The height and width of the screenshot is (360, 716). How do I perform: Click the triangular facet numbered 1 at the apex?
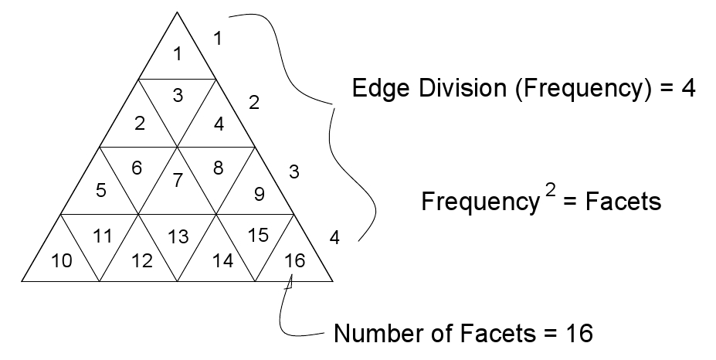(178, 54)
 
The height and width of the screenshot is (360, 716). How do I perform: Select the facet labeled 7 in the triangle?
(178, 181)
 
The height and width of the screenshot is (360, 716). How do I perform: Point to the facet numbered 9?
(260, 194)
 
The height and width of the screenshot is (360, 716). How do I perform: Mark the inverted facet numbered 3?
(178, 96)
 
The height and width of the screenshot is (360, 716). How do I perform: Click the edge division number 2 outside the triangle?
(253, 101)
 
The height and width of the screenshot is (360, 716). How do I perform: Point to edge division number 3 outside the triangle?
(294, 172)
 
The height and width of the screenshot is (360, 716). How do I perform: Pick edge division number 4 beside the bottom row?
(334, 237)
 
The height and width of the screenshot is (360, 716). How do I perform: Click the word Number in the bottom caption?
(375, 334)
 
